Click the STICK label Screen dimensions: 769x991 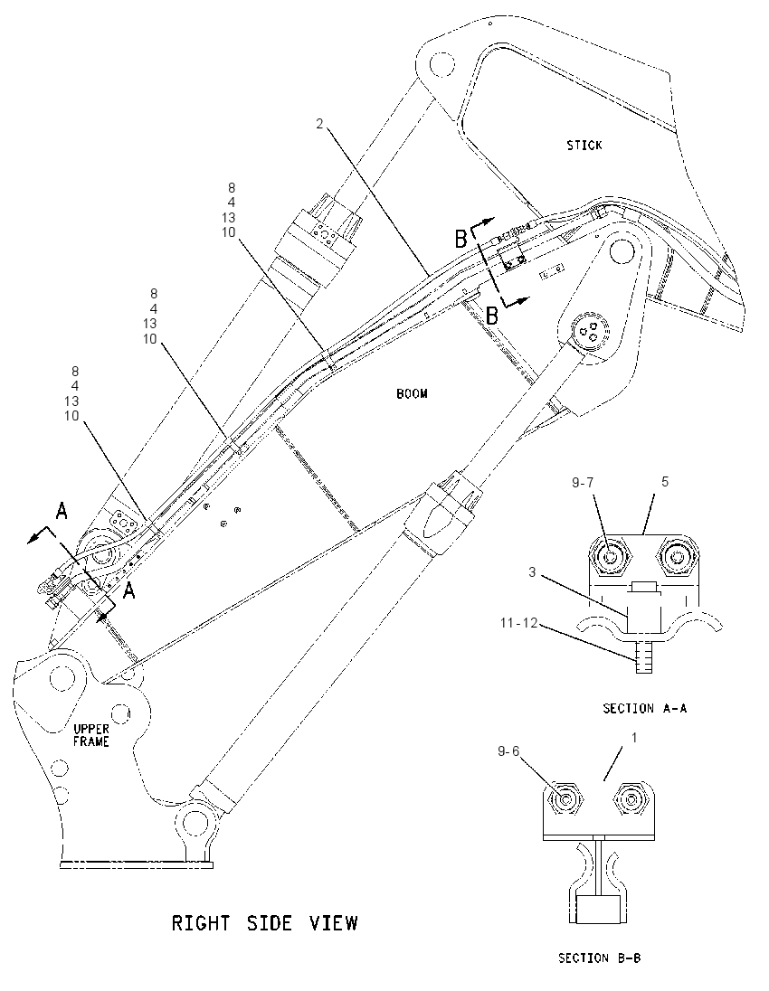click(x=584, y=146)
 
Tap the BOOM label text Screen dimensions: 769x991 click(x=412, y=393)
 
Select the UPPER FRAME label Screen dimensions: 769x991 click(x=91, y=735)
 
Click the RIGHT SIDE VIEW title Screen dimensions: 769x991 click(x=265, y=923)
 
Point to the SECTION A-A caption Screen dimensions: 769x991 click(x=644, y=709)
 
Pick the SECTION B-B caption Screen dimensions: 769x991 click(x=600, y=958)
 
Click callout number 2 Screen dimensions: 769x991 click(x=320, y=124)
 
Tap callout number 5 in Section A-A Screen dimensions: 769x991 click(x=665, y=482)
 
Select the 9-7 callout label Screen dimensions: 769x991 click(x=583, y=483)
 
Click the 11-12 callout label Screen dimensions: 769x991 click(x=518, y=623)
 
